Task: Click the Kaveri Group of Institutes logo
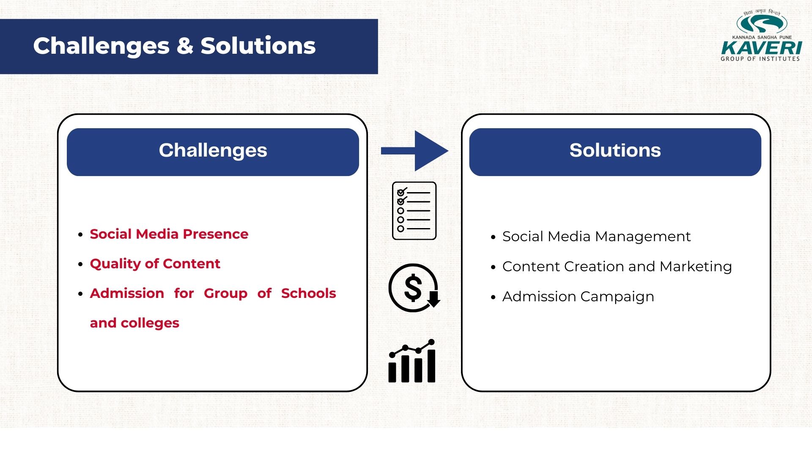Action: point(760,36)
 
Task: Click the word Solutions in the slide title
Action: point(258,46)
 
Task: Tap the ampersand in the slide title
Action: point(185,46)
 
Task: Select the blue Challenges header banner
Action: point(213,152)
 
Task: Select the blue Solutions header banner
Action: point(615,152)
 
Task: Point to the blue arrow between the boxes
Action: point(414,151)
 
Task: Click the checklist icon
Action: point(414,211)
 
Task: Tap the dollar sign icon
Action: point(414,288)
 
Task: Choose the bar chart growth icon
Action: point(412,361)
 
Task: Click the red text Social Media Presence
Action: point(169,234)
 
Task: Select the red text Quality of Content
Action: point(155,264)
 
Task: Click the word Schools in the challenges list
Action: point(309,293)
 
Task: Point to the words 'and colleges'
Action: point(134,323)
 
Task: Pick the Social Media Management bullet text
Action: point(596,237)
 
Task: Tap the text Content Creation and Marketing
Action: point(617,267)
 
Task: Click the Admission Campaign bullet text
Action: point(578,297)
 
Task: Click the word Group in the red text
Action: point(225,294)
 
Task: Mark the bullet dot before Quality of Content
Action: point(80,264)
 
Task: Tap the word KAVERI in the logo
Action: point(761,48)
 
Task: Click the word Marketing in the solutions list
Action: point(696,267)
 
